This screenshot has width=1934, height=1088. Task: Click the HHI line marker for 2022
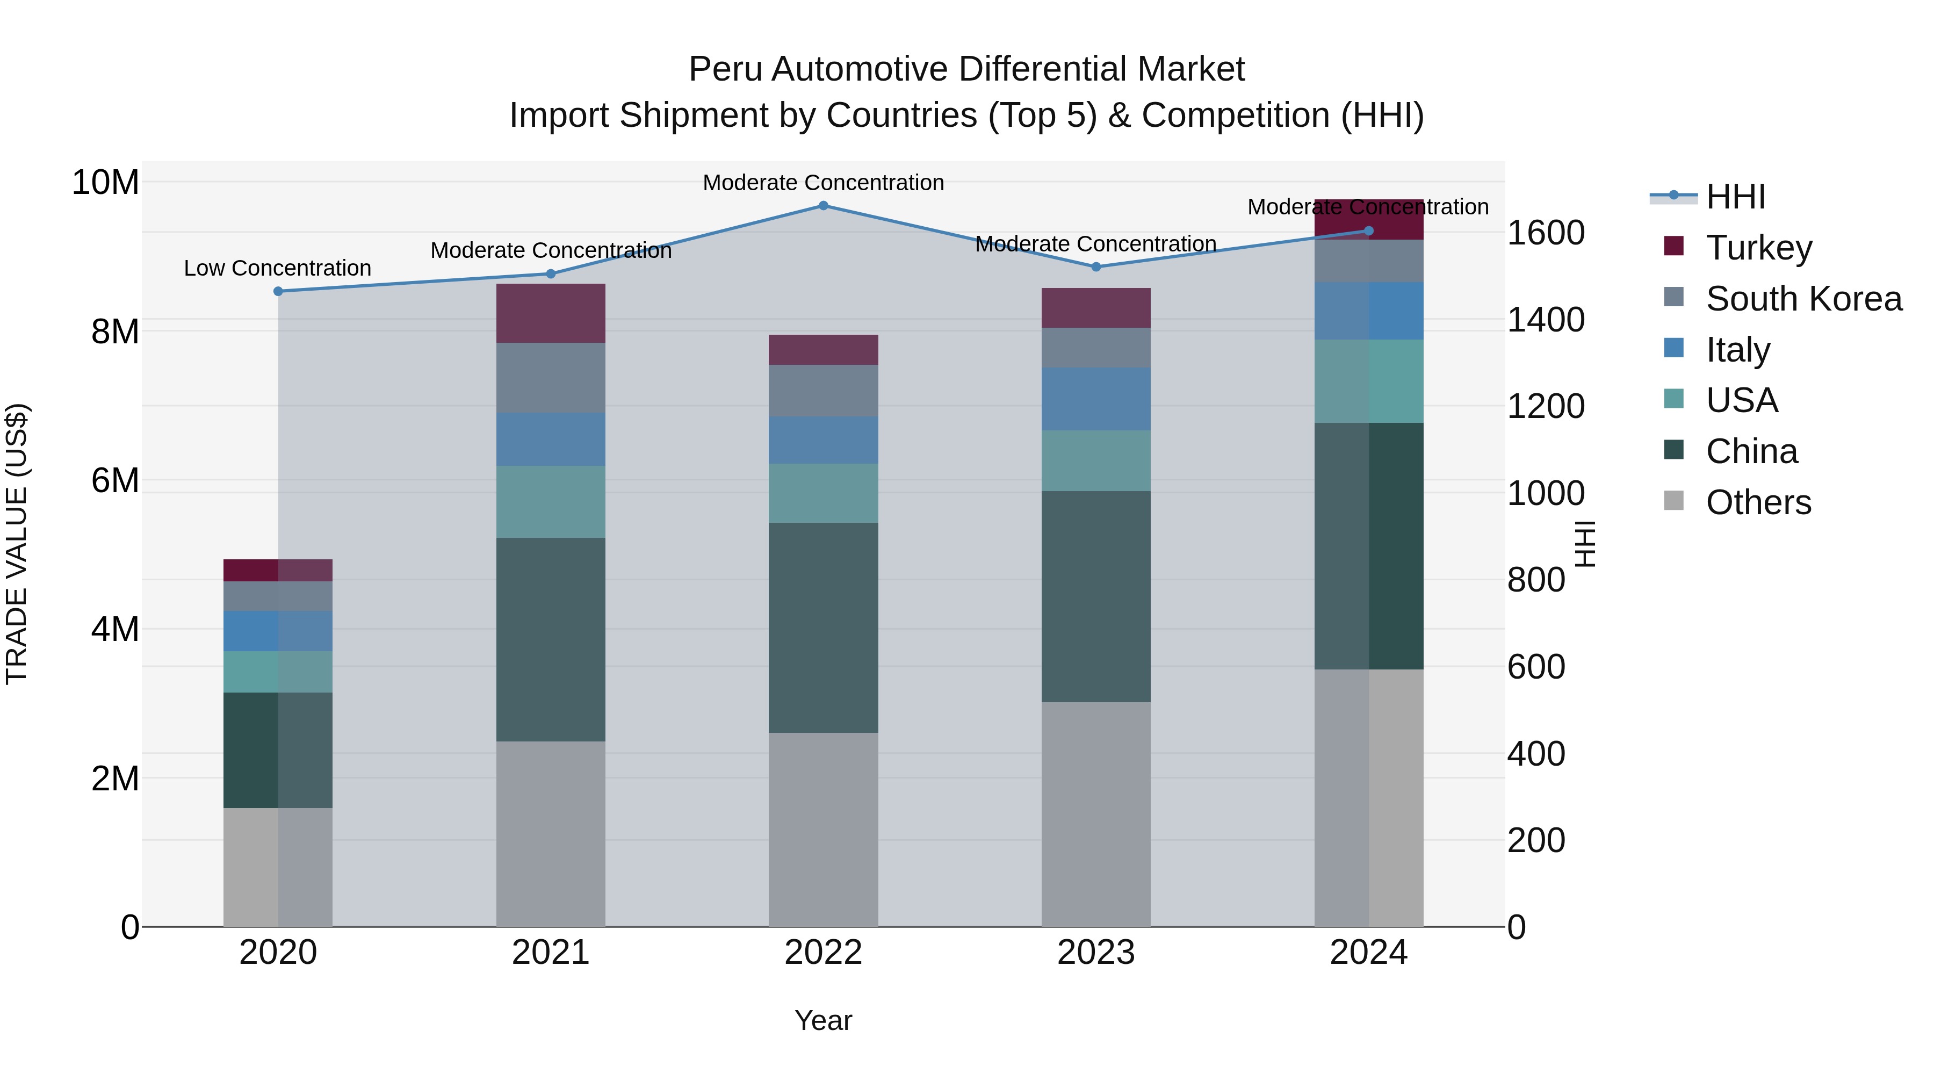pyautogui.click(x=823, y=206)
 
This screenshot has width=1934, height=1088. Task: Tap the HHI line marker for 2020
pyautogui.click(x=278, y=291)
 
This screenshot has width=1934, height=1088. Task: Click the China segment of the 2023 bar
pyautogui.click(x=1095, y=596)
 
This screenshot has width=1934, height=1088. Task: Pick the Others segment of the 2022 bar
pyautogui.click(x=823, y=829)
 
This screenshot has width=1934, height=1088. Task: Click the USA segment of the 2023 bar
pyautogui.click(x=1095, y=460)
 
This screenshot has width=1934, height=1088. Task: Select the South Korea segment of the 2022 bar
pyautogui.click(x=823, y=391)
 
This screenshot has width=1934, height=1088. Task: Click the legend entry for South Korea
pyautogui.click(x=1803, y=299)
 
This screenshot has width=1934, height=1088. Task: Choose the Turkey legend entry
pyautogui.click(x=1758, y=248)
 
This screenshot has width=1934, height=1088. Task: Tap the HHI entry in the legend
pyautogui.click(x=1735, y=197)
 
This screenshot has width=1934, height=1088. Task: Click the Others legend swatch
pyautogui.click(x=1673, y=501)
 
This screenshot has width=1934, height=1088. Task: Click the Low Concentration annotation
pyautogui.click(x=277, y=268)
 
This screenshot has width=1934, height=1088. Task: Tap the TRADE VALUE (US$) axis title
pyautogui.click(x=17, y=544)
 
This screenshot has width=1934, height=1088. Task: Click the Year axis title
pyautogui.click(x=823, y=1020)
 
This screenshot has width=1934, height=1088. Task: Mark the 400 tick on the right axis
pyautogui.click(x=1535, y=753)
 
